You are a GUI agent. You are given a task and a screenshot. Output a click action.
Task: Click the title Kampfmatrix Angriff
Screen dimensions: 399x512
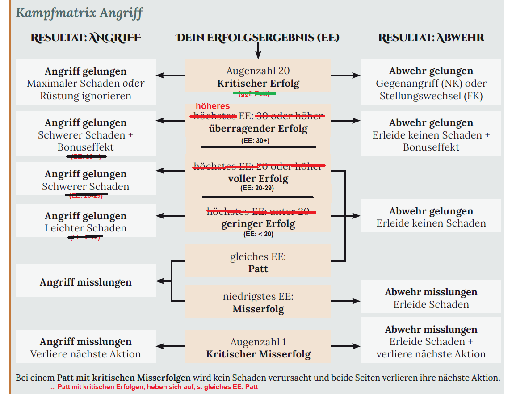[x=79, y=13]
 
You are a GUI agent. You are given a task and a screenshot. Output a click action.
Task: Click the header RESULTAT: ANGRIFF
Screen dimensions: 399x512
[x=86, y=38]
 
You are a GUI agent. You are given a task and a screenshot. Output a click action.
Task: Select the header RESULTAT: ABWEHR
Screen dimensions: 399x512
[x=431, y=38]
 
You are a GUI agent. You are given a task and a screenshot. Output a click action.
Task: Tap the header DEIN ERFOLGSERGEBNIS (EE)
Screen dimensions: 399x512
[x=258, y=38]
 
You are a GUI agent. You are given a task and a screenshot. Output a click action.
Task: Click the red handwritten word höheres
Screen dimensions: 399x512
[x=213, y=106]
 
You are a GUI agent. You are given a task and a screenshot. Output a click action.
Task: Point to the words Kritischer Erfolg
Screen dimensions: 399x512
[x=258, y=84]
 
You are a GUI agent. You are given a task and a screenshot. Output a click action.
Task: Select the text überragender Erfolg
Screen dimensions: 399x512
[x=258, y=129]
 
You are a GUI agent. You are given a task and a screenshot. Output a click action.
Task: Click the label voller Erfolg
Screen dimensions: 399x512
[x=258, y=179]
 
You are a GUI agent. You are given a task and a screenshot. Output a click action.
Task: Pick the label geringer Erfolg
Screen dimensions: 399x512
[x=258, y=224]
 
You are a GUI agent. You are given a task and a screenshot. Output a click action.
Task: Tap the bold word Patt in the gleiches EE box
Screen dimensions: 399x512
[x=258, y=269]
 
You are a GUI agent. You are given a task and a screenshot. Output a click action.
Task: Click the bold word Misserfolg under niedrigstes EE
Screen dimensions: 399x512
[x=258, y=309]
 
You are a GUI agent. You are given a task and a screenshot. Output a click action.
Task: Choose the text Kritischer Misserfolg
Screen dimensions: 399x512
[x=258, y=354]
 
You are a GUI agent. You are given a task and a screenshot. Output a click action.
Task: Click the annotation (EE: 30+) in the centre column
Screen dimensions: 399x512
[x=258, y=141]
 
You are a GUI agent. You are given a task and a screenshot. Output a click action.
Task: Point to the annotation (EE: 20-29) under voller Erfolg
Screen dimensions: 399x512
[x=257, y=188]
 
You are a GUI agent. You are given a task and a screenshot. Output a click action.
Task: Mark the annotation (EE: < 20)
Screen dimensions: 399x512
[x=258, y=234]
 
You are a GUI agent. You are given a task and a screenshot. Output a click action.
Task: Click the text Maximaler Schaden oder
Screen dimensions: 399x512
[x=86, y=84]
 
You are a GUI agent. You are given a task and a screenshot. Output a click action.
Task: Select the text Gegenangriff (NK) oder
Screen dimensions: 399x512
[x=431, y=84]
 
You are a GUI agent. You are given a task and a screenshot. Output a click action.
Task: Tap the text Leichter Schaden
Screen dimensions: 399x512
[x=86, y=228]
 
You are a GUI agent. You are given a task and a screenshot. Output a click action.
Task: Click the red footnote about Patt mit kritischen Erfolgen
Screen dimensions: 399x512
[x=154, y=387]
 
